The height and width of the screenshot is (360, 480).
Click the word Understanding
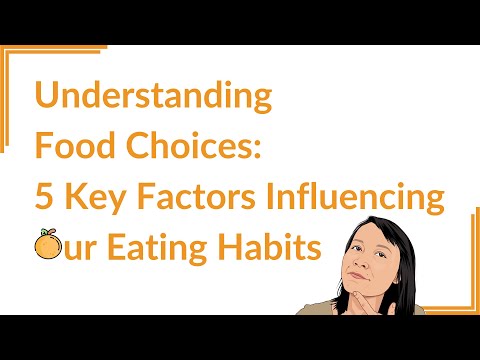click(x=153, y=98)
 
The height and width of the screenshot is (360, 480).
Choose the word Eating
click(x=166, y=246)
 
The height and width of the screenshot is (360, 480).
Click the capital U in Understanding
click(x=47, y=98)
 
